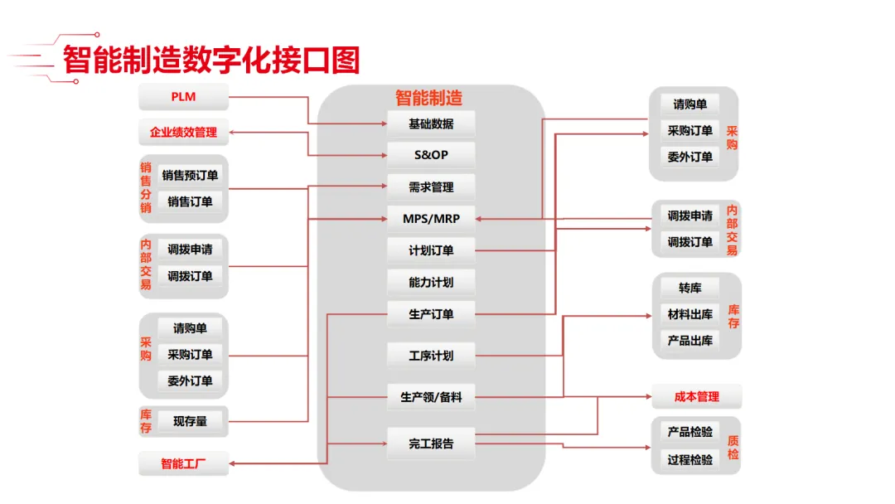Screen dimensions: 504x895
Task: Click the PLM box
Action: (x=183, y=98)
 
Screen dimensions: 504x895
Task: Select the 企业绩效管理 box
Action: (x=183, y=133)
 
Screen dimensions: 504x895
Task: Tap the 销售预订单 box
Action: (x=190, y=175)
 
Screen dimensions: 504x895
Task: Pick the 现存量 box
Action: (x=190, y=421)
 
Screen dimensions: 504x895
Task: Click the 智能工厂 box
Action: (x=183, y=463)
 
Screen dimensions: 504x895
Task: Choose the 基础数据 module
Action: (x=431, y=124)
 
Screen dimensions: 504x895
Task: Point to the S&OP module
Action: (x=431, y=155)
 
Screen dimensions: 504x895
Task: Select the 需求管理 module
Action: (x=431, y=187)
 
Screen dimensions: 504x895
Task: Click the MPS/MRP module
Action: (x=431, y=219)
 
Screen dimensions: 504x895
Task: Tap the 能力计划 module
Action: (x=431, y=282)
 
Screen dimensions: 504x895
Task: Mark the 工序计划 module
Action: (x=431, y=356)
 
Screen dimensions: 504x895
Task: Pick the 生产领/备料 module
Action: (x=431, y=397)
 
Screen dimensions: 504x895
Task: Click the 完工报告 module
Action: (x=431, y=443)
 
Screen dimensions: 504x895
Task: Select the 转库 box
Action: (x=689, y=288)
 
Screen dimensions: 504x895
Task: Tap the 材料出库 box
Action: (x=689, y=314)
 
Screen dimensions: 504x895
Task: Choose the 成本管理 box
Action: (x=696, y=397)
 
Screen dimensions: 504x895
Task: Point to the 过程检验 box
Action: (x=689, y=458)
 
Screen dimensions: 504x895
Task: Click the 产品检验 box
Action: (x=689, y=432)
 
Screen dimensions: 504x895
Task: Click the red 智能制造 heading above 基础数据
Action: (x=428, y=98)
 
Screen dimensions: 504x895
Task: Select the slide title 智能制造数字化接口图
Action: (x=211, y=60)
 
